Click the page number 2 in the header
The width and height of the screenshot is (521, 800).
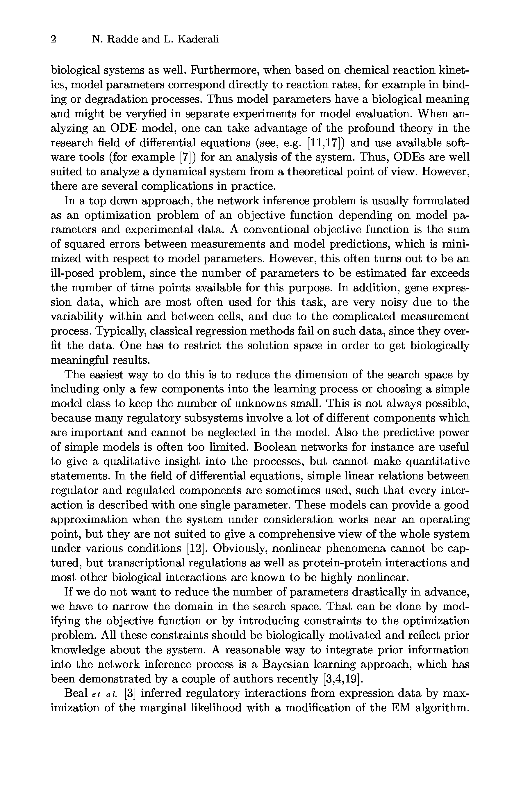[53, 40]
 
